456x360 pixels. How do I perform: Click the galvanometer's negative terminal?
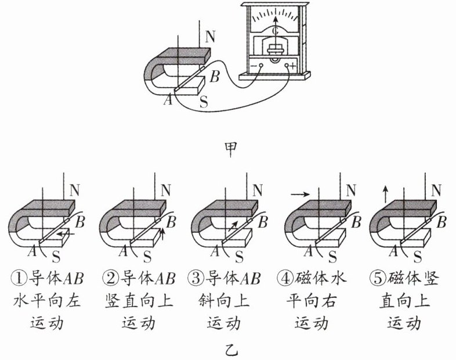(261, 66)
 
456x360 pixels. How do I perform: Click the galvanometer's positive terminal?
(287, 66)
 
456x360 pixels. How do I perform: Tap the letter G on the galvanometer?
(275, 31)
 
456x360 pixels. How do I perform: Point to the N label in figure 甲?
(210, 37)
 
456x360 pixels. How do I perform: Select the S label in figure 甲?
(204, 102)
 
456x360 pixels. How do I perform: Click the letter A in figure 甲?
(168, 100)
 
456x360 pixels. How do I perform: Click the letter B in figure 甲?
(215, 77)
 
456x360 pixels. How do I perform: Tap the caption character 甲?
(231, 149)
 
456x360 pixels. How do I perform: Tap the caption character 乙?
(231, 350)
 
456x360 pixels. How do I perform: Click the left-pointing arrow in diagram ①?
(66, 234)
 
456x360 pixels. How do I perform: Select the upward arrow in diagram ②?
(162, 234)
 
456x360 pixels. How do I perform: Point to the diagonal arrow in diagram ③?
(233, 226)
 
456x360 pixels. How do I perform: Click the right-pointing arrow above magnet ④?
(300, 194)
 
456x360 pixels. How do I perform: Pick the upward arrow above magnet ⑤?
(385, 194)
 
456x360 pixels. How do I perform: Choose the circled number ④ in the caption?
(284, 278)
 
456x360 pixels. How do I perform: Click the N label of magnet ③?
(258, 190)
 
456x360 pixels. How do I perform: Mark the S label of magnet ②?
(147, 257)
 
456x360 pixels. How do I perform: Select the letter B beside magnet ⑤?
(441, 222)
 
